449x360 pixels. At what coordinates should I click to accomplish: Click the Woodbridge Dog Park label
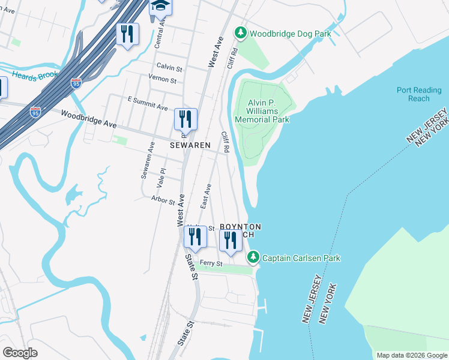(x=291, y=34)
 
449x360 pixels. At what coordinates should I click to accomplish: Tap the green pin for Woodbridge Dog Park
(x=241, y=32)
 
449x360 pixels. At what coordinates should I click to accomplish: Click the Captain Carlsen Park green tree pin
(x=253, y=257)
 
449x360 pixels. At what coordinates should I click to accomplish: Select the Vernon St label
(x=163, y=80)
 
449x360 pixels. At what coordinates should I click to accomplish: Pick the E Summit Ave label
(x=147, y=103)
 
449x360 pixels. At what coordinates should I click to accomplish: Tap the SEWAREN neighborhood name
(x=190, y=145)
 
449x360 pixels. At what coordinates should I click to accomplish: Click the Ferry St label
(x=211, y=263)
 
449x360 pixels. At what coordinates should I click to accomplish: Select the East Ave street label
(x=206, y=196)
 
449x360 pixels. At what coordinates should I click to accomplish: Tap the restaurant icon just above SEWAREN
(x=185, y=119)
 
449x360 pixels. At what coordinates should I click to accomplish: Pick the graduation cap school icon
(x=160, y=6)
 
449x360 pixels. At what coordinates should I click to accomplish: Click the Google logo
(x=20, y=353)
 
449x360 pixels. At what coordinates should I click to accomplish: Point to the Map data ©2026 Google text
(x=411, y=355)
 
